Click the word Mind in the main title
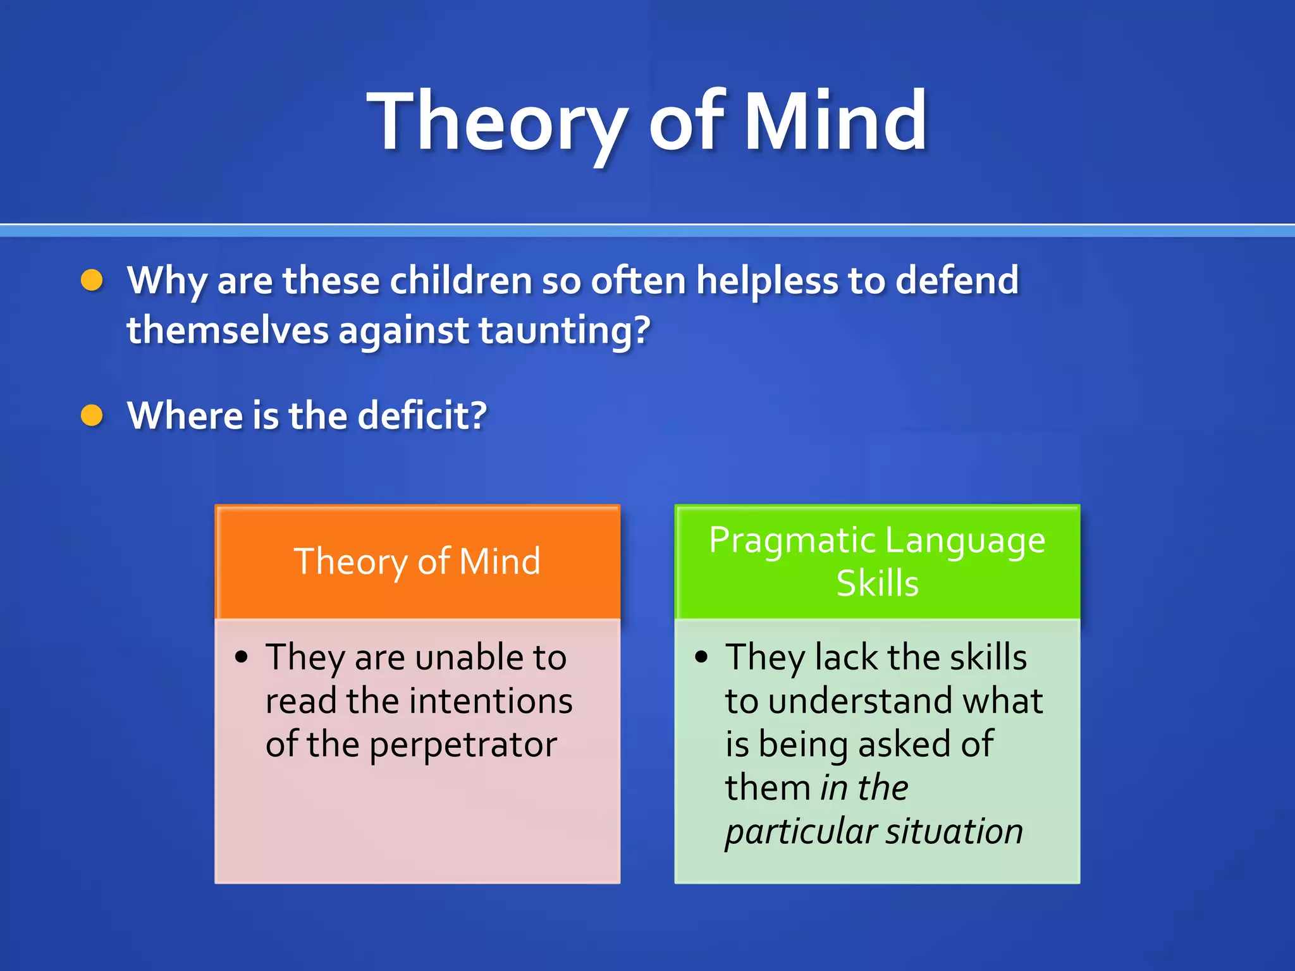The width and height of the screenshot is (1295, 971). (835, 121)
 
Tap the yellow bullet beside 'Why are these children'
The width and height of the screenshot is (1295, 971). (92, 280)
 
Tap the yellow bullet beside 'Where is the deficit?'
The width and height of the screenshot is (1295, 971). (92, 415)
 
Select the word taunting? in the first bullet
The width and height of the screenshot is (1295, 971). (564, 331)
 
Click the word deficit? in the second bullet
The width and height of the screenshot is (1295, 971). (422, 415)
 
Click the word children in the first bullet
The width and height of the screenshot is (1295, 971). (460, 280)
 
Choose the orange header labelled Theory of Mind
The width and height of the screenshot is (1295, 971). (417, 561)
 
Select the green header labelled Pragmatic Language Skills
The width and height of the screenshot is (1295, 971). (877, 561)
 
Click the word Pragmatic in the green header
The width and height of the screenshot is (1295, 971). (792, 541)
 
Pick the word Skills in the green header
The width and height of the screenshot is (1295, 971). (877, 583)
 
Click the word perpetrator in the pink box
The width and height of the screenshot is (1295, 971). (463, 745)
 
